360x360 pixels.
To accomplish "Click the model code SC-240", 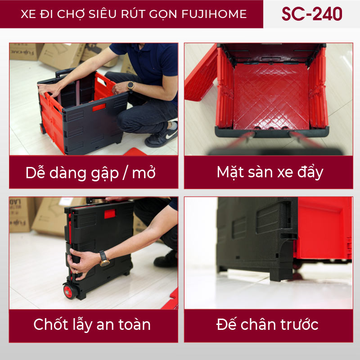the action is point(312,14).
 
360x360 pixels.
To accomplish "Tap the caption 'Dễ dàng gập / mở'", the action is point(90,173).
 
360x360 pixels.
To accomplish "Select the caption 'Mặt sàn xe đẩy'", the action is point(270,172).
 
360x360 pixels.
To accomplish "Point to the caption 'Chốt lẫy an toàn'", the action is point(92,324).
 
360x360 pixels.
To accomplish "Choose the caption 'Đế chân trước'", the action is point(267,324).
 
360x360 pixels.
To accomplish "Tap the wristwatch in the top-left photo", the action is point(131,85).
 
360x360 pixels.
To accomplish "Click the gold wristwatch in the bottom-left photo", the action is point(104,259).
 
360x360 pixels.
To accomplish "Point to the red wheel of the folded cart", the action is point(69,291).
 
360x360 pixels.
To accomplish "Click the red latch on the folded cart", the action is point(110,214).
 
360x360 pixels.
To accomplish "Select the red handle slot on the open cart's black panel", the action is point(99,107).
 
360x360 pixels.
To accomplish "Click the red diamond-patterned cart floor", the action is point(271,96).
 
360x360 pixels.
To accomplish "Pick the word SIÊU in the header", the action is point(103,14).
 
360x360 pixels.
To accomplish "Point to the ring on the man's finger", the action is point(77,273).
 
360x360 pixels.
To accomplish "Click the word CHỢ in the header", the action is point(71,14).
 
